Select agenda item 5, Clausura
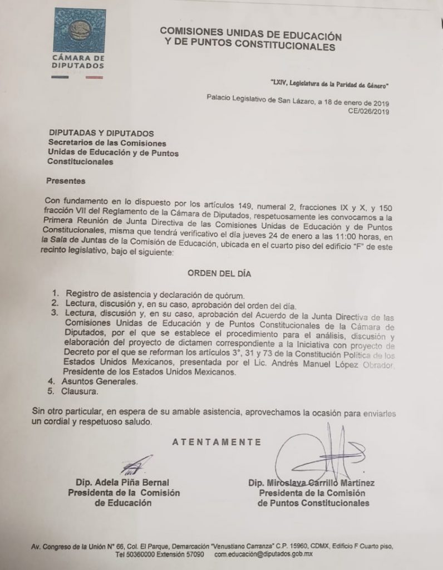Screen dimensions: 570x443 84,392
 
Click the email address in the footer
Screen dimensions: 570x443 264,555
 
